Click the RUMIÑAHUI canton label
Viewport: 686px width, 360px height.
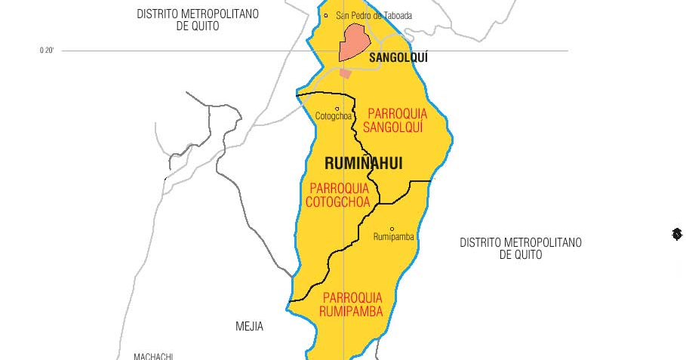tap(363, 163)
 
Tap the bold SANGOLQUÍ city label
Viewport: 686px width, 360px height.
tap(398, 57)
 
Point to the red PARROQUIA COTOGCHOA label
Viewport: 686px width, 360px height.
tap(338, 195)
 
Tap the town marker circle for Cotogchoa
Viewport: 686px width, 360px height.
tap(337, 109)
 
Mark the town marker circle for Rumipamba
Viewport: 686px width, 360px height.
tap(392, 229)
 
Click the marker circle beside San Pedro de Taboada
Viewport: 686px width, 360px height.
tap(326, 15)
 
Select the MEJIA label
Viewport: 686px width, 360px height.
tap(249, 327)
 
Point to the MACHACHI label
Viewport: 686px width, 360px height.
tap(153, 356)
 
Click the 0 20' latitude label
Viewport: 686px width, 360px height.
tap(47, 51)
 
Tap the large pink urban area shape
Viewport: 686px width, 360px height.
tap(353, 42)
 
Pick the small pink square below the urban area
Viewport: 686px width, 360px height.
tap(346, 73)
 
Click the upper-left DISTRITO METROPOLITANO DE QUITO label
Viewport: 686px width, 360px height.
tap(198, 20)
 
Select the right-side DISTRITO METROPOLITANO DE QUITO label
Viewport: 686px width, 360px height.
tap(521, 248)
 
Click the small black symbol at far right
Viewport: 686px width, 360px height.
tap(677, 235)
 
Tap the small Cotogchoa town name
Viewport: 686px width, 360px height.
tap(334, 116)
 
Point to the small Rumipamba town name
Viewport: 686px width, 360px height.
tap(394, 237)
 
